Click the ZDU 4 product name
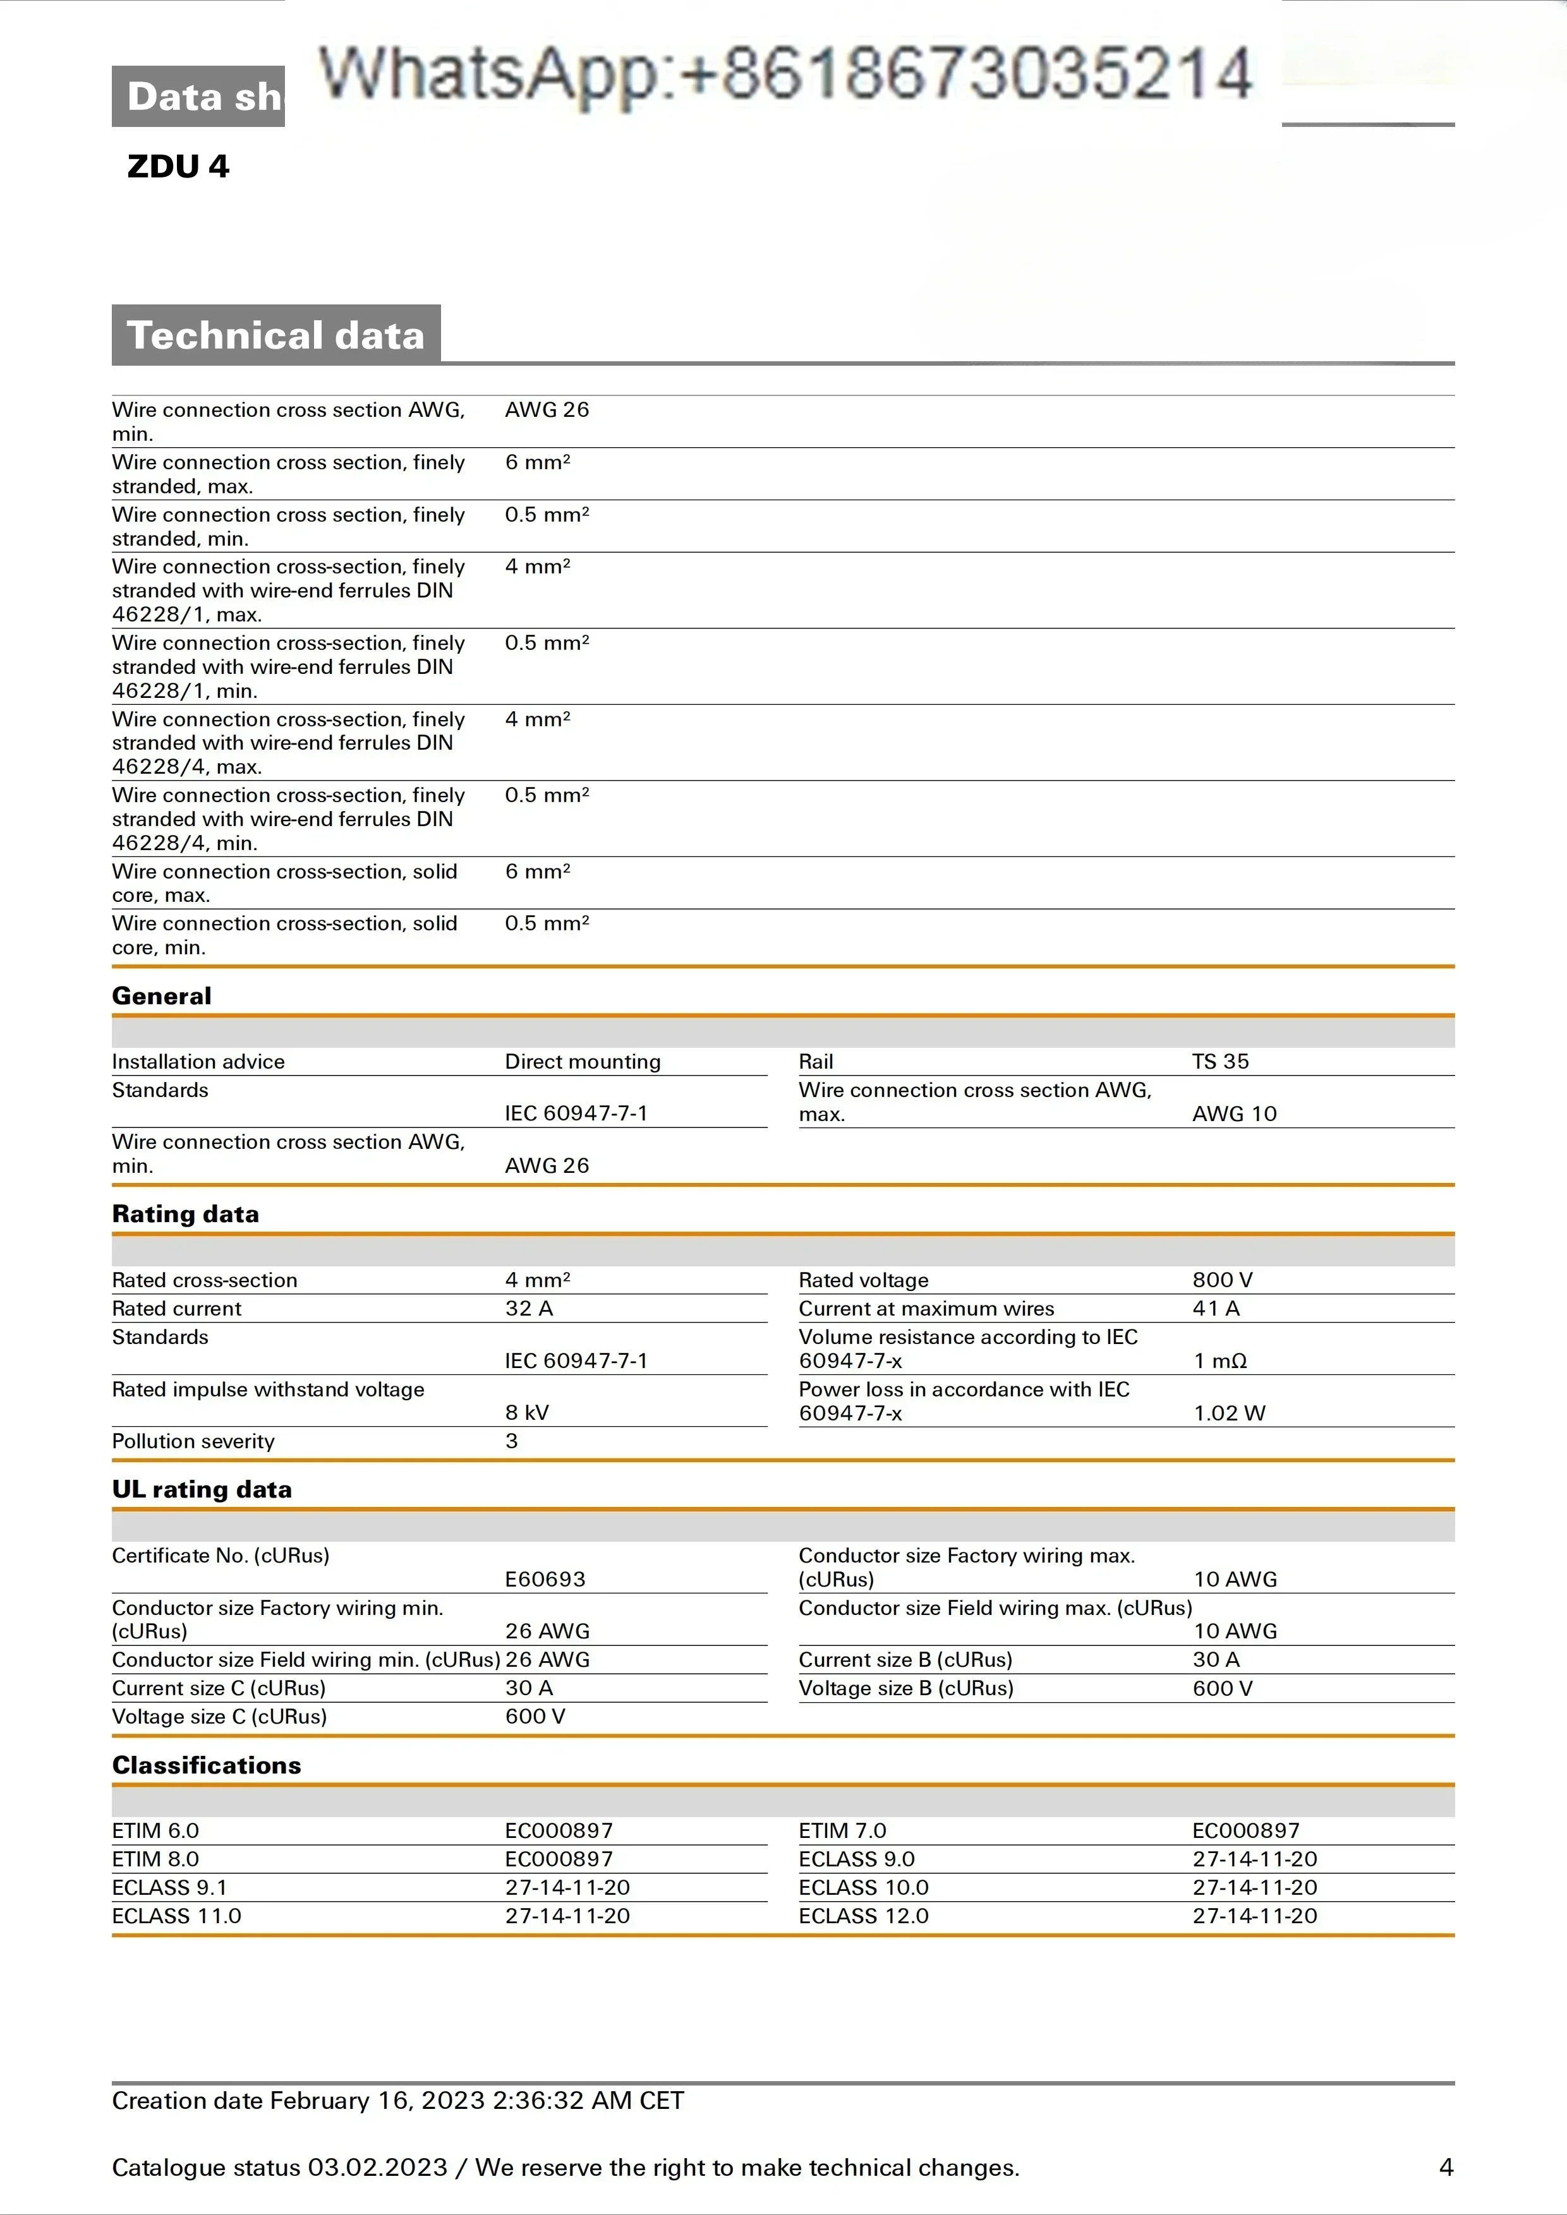pyautogui.click(x=179, y=166)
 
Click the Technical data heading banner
pyautogui.click(x=276, y=335)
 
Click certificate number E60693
pyautogui.click(x=545, y=1578)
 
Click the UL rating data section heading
pyautogui.click(x=202, y=1489)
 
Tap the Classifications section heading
pyautogui.click(x=207, y=1765)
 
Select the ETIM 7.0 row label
pyautogui.click(x=842, y=1830)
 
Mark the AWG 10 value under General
pyautogui.click(x=1234, y=1114)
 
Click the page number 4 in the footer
pyautogui.click(x=1446, y=2167)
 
